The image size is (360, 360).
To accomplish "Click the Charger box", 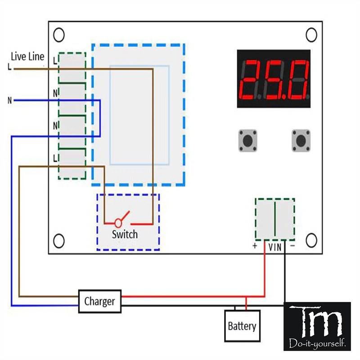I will click(x=100, y=301).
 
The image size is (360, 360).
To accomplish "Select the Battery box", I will click(x=242, y=326).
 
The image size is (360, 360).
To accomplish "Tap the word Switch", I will click(x=125, y=234).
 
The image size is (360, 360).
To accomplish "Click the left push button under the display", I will click(x=247, y=141).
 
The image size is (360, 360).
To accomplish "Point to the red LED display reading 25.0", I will click(x=274, y=79).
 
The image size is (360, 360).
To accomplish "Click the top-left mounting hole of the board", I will click(x=58, y=35).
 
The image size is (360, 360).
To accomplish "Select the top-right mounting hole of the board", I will click(x=311, y=35).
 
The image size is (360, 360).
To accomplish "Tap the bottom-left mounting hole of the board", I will click(x=58, y=241).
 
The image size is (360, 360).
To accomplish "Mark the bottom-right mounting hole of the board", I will click(x=311, y=239).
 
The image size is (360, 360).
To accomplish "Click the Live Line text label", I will click(x=28, y=56).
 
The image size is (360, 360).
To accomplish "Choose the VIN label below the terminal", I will click(x=275, y=247).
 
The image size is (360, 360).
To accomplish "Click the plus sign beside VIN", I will click(x=255, y=247).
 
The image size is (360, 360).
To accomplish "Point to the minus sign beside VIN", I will click(x=292, y=246).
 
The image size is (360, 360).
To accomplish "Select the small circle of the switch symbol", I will click(x=118, y=222).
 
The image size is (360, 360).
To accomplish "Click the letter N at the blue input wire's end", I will click(x=9, y=100).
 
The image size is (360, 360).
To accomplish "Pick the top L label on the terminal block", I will click(x=55, y=60).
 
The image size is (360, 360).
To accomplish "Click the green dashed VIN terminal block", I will click(x=275, y=219).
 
